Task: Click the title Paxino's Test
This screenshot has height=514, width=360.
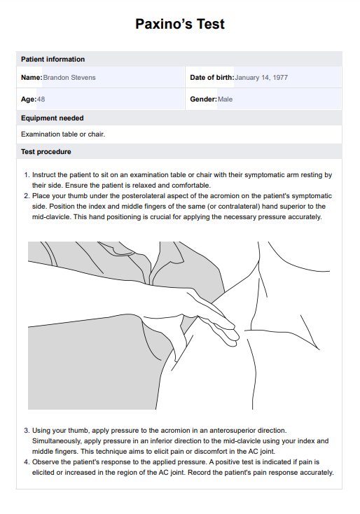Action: click(180, 25)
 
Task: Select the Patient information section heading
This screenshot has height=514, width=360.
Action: click(53, 60)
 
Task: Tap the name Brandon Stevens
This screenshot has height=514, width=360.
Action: click(69, 78)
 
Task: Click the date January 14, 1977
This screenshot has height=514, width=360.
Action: click(261, 78)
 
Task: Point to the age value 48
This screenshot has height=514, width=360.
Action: click(41, 99)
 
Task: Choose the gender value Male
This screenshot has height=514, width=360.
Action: click(226, 99)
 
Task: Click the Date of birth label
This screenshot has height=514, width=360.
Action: click(212, 78)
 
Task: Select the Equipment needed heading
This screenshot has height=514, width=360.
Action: click(52, 118)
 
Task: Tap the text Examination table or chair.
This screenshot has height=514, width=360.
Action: click(63, 134)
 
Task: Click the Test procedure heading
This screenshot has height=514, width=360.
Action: click(46, 152)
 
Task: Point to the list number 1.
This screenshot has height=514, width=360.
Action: click(27, 175)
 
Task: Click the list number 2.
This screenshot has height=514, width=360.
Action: click(27, 196)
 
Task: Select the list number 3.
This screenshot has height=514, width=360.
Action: click(27, 431)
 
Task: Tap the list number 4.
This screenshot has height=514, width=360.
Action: click(27, 462)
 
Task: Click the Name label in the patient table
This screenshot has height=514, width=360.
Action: click(32, 78)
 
